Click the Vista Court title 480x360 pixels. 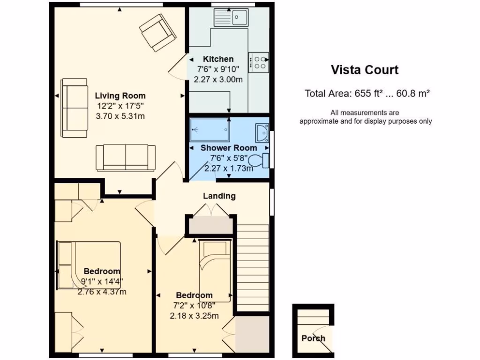(365, 70)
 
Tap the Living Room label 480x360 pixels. (120, 96)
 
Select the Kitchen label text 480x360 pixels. (218, 59)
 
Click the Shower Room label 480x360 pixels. (229, 148)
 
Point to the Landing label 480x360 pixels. (219, 196)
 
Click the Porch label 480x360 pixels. (313, 338)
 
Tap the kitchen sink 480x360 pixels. (231, 17)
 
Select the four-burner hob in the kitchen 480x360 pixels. (259, 62)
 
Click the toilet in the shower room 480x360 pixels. (259, 160)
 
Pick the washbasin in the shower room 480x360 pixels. (262, 133)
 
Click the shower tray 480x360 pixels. (210, 130)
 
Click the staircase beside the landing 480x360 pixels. (253, 268)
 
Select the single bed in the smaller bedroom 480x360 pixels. (215, 270)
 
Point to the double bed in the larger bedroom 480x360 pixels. (89, 265)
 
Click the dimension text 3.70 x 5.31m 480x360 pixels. (120, 116)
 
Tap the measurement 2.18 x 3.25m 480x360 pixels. (195, 315)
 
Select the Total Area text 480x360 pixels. (367, 93)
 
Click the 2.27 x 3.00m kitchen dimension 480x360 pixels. (218, 79)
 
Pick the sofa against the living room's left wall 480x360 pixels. (75, 108)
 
